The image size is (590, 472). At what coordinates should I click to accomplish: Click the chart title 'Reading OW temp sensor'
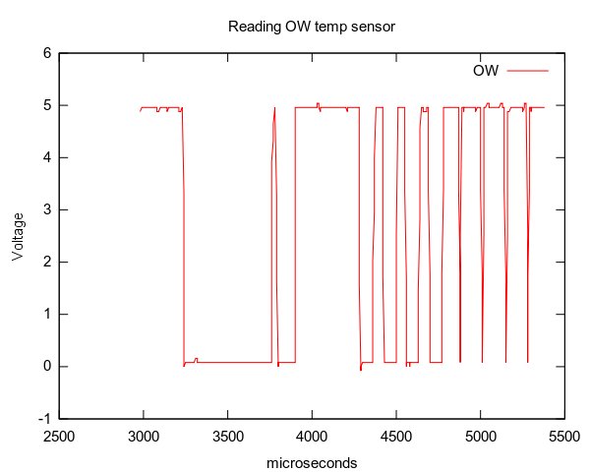tap(311, 27)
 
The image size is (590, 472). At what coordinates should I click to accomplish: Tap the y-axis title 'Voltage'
tap(18, 235)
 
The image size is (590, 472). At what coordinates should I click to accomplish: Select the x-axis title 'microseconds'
tap(311, 462)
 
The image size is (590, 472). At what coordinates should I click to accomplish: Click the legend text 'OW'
tap(487, 71)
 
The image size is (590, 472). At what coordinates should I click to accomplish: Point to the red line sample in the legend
tap(527, 71)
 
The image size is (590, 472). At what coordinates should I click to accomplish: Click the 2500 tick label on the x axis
tap(59, 435)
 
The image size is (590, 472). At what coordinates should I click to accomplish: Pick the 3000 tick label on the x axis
tap(144, 435)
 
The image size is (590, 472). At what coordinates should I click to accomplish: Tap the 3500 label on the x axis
tap(228, 435)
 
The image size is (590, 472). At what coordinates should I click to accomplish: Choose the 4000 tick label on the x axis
tap(312, 435)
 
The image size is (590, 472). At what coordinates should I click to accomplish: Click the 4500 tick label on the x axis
tap(396, 435)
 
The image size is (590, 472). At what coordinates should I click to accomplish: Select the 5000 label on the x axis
tap(481, 435)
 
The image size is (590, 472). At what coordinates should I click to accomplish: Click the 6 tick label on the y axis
tap(46, 54)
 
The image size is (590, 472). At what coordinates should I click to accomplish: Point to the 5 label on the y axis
tap(46, 106)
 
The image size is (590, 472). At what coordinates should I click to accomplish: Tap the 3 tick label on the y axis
tap(46, 210)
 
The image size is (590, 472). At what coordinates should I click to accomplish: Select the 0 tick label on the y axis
tap(46, 367)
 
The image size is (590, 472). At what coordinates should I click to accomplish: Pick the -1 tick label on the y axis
tap(44, 419)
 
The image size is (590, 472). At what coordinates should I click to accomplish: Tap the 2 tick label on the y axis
tap(46, 263)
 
